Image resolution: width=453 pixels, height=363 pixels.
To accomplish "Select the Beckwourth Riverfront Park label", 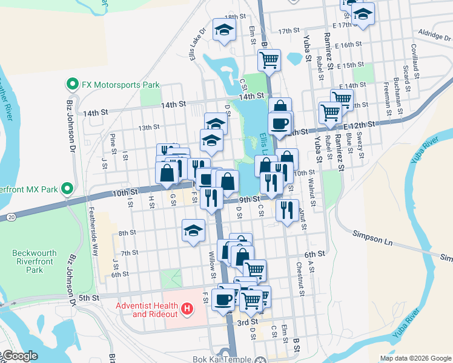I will coord(35,261).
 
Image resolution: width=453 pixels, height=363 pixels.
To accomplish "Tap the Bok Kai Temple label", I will coord(221,359).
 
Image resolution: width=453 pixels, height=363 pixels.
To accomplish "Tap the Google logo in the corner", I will coord(19,356).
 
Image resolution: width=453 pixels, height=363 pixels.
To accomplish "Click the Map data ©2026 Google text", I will coord(415,358).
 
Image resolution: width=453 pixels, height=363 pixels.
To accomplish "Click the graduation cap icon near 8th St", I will coord(193,231).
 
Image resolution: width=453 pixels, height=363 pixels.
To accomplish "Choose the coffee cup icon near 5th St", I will coord(223,299).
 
